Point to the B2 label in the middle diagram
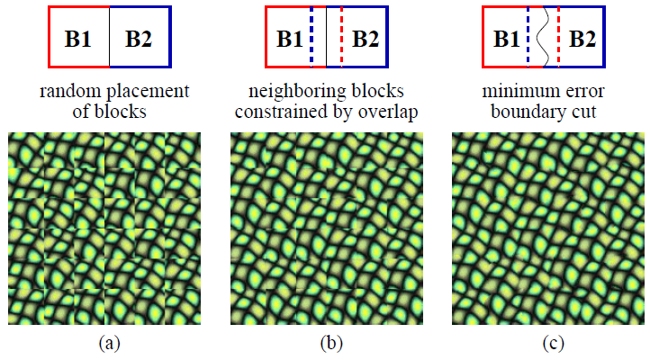point(366,39)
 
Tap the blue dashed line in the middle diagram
point(311,36)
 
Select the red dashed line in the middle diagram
point(342,36)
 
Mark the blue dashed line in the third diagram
point(528,36)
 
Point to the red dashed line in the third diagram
point(559,36)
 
